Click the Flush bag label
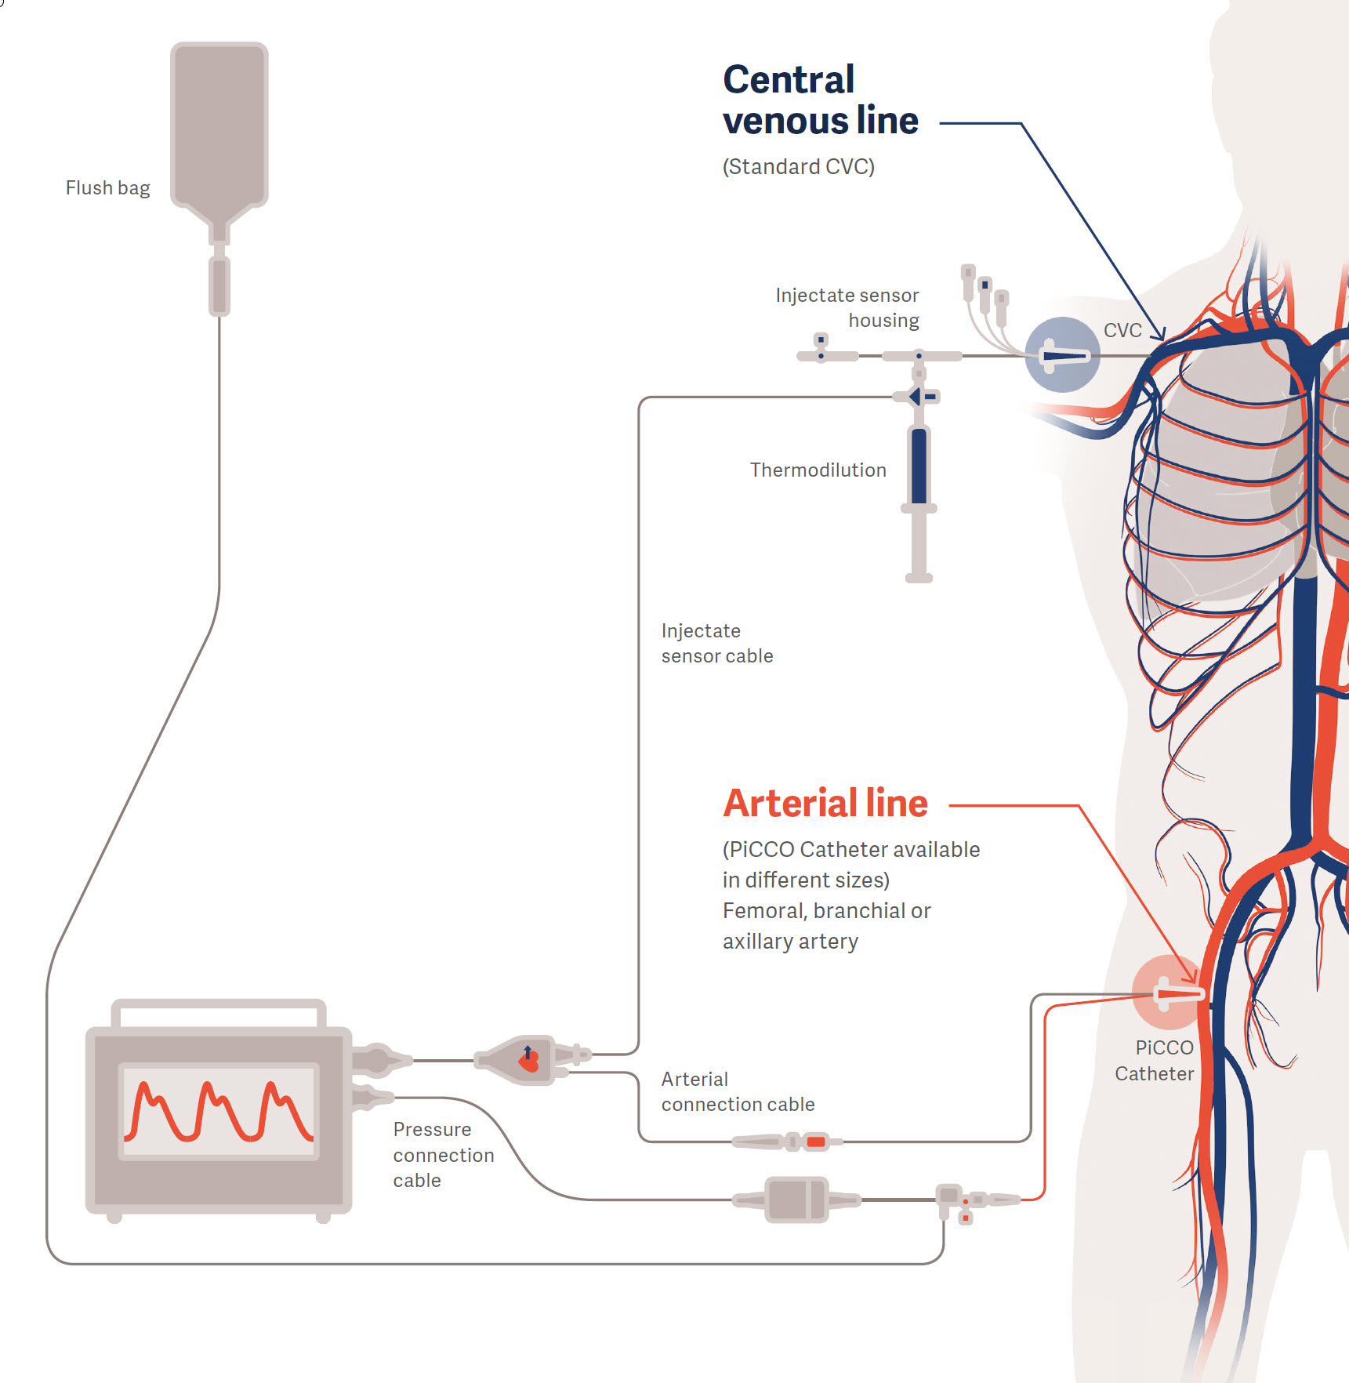tap(107, 188)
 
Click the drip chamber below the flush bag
tap(219, 285)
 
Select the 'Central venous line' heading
tap(819, 100)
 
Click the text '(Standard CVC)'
tap(798, 167)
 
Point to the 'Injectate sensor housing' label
tap(847, 307)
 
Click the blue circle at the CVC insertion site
tap(1062, 355)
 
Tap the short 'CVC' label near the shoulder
tap(1122, 330)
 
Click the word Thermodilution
tap(818, 470)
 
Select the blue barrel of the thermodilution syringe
tap(919, 466)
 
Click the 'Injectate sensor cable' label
tap(716, 643)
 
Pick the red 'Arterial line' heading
tap(825, 803)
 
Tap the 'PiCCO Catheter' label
tap(1155, 1061)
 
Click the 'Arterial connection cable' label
tap(737, 1091)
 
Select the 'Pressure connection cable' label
tap(443, 1154)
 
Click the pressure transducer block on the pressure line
tap(796, 1199)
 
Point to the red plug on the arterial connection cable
tap(816, 1142)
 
